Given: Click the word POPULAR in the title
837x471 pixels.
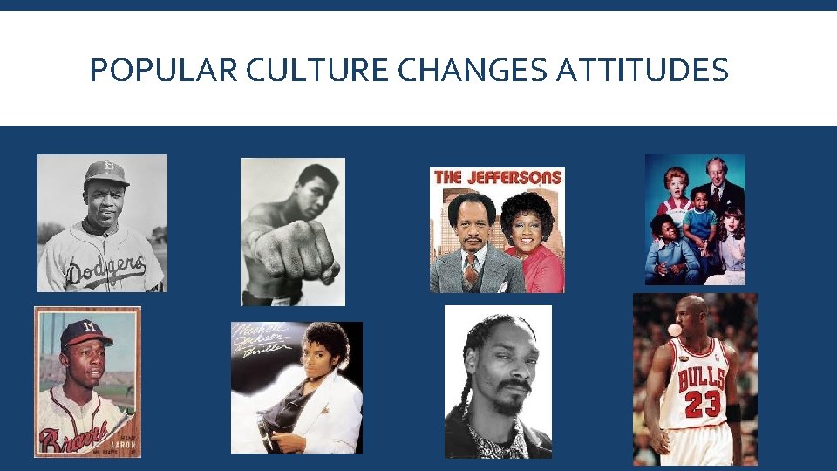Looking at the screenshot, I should [163, 71].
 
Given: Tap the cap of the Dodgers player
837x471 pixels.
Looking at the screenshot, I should [105, 173].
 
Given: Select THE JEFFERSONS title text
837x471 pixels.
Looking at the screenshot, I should [497, 177].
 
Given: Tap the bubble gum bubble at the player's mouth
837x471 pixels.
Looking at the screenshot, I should [672, 330].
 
